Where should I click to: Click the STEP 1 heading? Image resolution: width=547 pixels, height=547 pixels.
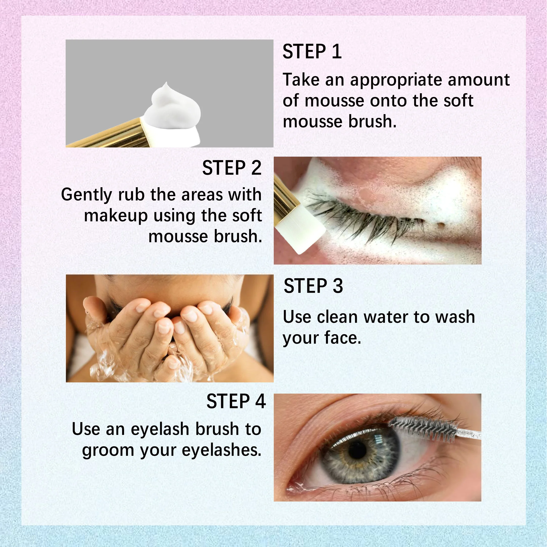312,51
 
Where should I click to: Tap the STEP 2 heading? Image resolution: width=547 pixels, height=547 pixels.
231,168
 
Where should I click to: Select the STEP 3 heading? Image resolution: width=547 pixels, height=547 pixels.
313,286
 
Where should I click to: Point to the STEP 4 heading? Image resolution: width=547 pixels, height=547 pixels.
236,401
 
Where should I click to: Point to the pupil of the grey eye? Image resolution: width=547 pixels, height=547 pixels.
357,451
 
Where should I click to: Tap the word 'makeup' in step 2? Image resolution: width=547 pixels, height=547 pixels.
116,216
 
